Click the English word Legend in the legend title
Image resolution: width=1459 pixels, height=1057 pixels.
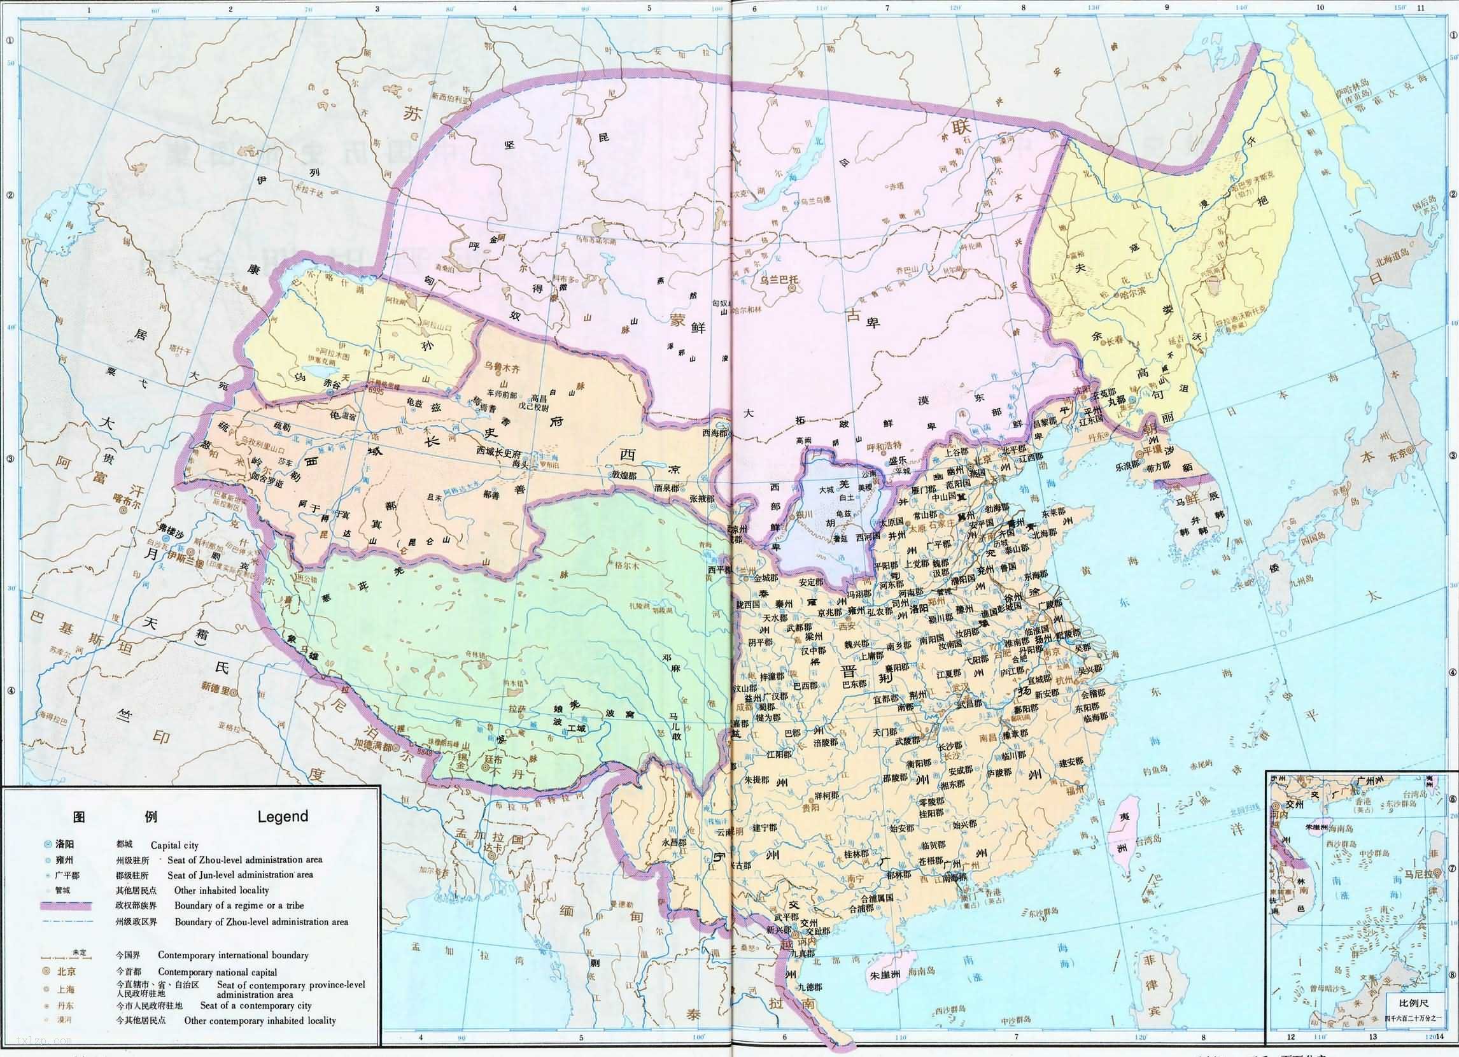tap(283, 816)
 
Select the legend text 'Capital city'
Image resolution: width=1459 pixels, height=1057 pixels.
tap(174, 846)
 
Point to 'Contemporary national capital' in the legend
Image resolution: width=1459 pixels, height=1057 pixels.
tap(218, 972)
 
